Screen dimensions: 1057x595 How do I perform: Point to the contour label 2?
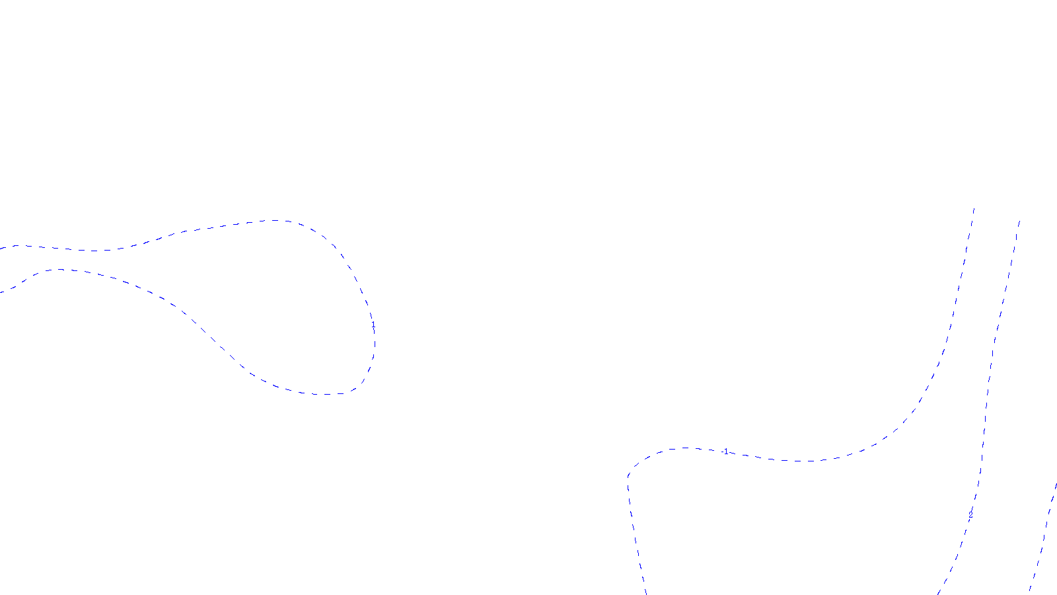point(970,515)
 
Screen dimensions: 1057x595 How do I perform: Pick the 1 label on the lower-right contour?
point(726,452)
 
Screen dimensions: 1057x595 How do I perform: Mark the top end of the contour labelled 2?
point(1019,221)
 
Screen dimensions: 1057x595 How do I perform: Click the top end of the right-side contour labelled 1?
point(974,208)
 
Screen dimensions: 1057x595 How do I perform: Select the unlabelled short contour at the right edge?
point(1044,535)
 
